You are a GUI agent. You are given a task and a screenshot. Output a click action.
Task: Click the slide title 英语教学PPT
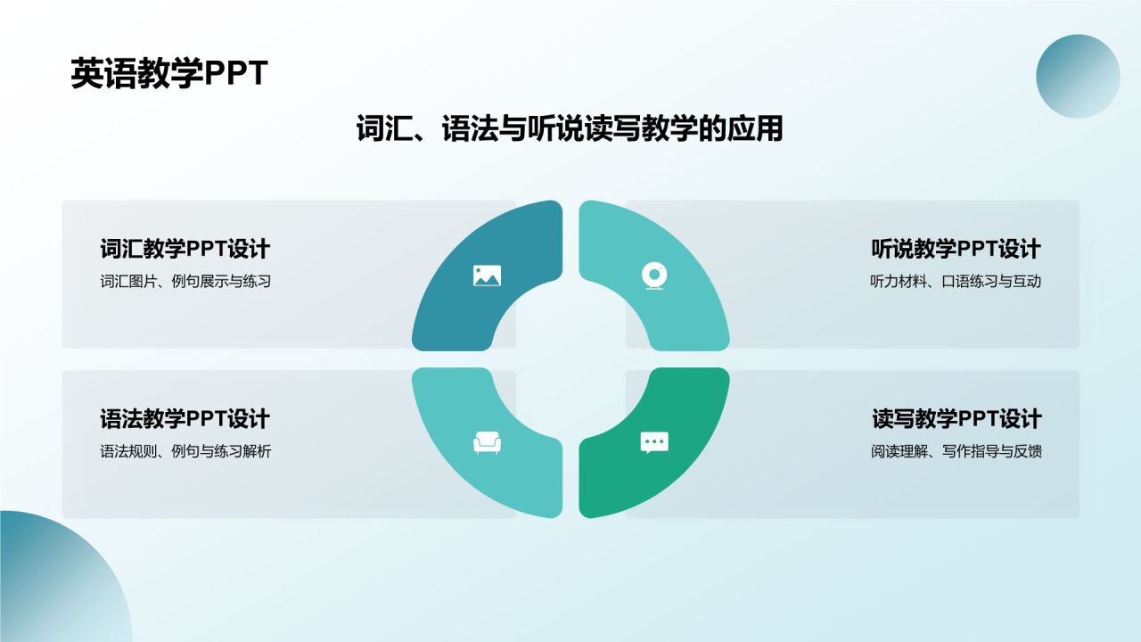tap(168, 74)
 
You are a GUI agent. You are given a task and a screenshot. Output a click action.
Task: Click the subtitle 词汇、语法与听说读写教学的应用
tap(570, 129)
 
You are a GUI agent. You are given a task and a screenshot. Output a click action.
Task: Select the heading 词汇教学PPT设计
tap(185, 249)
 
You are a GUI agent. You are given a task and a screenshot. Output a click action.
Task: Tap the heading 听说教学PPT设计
tap(956, 249)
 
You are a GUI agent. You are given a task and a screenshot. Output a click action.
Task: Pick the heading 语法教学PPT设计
tap(185, 418)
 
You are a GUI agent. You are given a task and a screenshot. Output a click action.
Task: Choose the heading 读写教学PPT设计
tap(956, 418)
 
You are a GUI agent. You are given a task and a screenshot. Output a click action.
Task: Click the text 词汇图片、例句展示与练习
tap(185, 282)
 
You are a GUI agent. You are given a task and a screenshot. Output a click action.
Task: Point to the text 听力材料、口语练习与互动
tap(956, 282)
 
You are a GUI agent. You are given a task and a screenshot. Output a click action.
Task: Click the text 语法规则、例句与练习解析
tap(185, 451)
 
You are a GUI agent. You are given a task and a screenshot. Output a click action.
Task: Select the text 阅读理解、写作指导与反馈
tap(956, 451)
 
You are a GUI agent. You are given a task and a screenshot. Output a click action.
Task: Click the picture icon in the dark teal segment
tap(487, 276)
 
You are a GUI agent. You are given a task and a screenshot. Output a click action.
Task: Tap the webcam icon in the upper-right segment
tap(654, 276)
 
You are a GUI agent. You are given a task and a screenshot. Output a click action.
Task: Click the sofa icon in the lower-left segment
tap(487, 442)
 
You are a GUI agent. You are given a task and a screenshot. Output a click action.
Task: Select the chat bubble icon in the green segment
tap(654, 442)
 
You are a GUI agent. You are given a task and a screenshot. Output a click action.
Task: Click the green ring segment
tap(677, 464)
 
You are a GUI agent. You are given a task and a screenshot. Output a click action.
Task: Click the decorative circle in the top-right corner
tap(1078, 77)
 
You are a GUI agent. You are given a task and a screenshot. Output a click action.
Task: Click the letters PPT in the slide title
tap(236, 74)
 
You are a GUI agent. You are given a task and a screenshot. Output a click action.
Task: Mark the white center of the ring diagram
tap(570, 358)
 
